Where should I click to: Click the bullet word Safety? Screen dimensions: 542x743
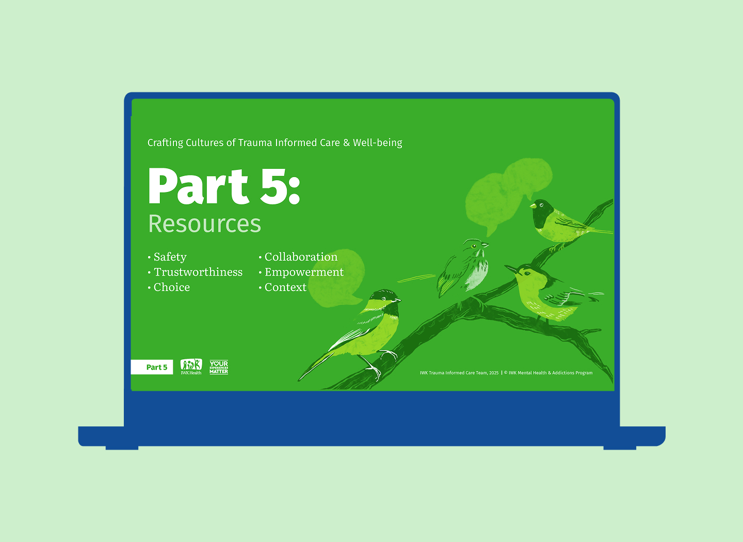point(170,257)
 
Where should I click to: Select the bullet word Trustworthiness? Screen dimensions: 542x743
point(198,272)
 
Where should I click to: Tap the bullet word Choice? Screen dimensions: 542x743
point(171,288)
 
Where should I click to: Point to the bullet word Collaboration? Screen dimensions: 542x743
point(301,257)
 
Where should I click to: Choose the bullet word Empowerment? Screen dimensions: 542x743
point(304,272)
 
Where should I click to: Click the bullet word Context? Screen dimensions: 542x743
point(285,288)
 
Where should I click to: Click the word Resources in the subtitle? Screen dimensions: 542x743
point(204,224)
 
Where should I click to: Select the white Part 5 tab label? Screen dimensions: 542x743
point(156,368)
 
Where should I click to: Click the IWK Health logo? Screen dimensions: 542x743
point(191,366)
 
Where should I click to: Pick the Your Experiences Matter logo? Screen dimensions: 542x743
point(219,367)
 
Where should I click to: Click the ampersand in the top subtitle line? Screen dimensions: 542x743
point(346,143)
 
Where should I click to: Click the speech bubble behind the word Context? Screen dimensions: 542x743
point(338,279)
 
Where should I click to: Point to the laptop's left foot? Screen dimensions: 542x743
point(122,448)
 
